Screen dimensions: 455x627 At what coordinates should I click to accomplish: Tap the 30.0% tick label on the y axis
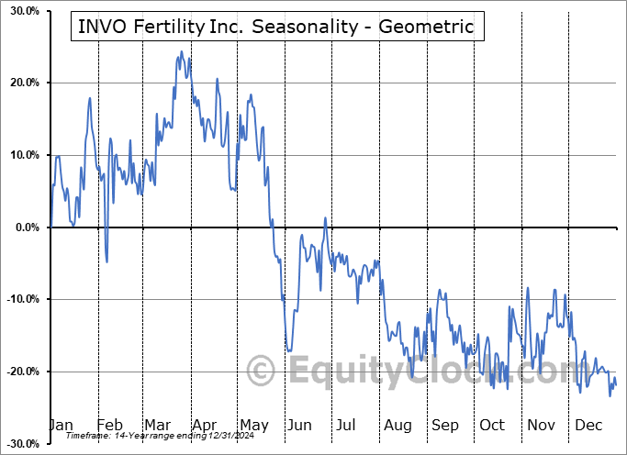coord(23,11)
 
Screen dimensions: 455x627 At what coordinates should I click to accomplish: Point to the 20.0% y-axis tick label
coord(23,83)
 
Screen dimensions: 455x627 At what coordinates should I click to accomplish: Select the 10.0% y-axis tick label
coord(23,155)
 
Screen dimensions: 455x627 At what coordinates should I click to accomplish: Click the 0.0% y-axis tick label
coord(26,227)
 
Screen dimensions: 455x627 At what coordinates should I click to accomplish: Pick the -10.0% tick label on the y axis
coord(21,299)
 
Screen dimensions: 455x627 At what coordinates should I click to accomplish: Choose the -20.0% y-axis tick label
coord(21,372)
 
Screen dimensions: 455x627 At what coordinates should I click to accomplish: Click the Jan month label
coord(61,425)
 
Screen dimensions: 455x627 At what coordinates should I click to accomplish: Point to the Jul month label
coord(346,425)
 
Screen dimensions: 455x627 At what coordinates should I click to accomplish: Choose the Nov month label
coord(541,425)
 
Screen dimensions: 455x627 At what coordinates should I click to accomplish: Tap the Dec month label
coord(588,425)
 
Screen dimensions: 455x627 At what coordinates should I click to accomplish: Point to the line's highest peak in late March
coord(181,52)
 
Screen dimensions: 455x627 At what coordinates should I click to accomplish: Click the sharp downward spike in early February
coord(106,261)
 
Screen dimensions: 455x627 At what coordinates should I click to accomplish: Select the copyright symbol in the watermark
coord(262,372)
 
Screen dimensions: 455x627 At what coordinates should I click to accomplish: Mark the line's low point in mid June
coord(288,350)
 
